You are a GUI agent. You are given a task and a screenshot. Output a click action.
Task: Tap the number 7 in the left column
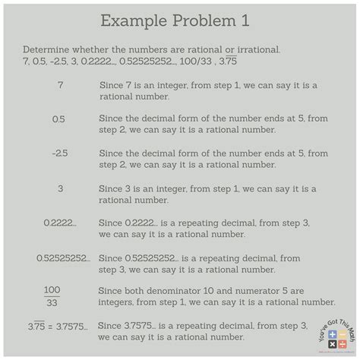click(x=60, y=86)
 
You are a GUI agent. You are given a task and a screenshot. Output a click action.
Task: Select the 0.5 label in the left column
click(x=59, y=119)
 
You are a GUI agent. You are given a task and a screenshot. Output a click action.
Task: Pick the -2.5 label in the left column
click(x=60, y=153)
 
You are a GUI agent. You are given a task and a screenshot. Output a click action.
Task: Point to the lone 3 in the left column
click(x=60, y=188)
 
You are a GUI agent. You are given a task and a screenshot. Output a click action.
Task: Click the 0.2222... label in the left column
click(x=59, y=223)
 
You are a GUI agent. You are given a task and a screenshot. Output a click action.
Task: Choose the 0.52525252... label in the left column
click(x=63, y=257)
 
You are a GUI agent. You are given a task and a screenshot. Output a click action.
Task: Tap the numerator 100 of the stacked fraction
click(x=52, y=290)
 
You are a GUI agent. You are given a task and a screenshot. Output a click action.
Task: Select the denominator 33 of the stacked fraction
click(x=52, y=302)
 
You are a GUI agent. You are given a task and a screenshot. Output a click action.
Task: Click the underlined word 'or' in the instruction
click(x=229, y=49)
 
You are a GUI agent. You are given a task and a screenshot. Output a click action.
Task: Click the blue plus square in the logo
click(x=332, y=335)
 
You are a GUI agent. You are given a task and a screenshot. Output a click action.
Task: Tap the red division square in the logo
click(x=342, y=344)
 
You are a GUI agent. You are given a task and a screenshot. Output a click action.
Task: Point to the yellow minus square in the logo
click(x=342, y=335)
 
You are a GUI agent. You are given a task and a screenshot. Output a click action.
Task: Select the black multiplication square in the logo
click(x=332, y=344)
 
